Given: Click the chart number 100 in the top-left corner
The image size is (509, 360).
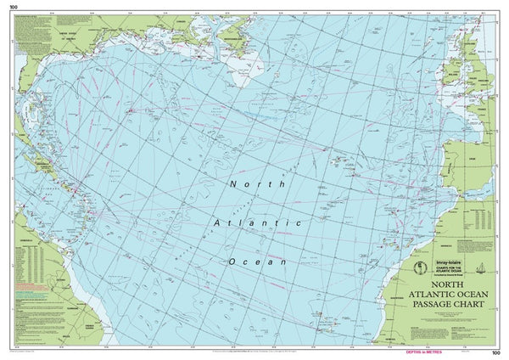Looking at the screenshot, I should click(12, 6).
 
